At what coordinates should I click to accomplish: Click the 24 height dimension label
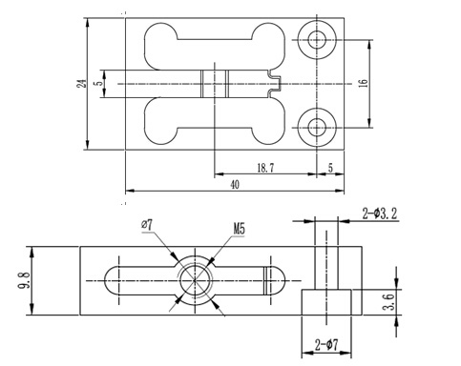point(82,84)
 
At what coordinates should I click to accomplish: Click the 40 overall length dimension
point(235,185)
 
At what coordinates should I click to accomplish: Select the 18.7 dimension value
point(265,168)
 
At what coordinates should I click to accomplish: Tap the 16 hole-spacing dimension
point(364,84)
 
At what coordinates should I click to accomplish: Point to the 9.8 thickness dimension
point(24,280)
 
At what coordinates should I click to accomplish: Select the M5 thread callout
point(240,229)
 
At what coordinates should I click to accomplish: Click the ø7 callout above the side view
point(147,225)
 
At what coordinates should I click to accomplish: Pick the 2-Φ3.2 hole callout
point(380,213)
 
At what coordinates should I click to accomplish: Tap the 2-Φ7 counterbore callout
point(326,344)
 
